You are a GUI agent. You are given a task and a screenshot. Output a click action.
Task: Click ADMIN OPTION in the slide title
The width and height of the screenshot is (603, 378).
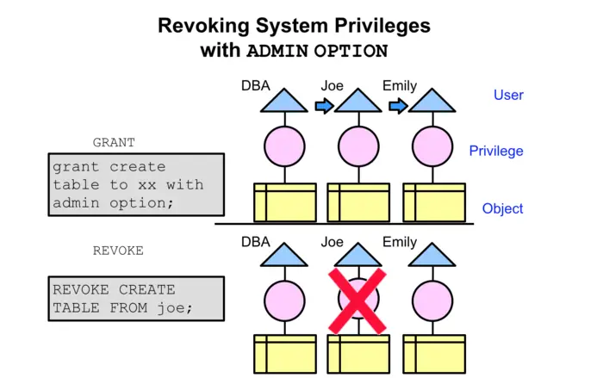(x=317, y=51)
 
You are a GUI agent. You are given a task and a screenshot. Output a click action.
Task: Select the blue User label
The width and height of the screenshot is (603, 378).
(x=508, y=95)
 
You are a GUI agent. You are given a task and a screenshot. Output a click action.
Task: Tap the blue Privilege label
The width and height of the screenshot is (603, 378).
(x=496, y=152)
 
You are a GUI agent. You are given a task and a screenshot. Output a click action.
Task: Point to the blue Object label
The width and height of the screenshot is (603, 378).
(x=502, y=208)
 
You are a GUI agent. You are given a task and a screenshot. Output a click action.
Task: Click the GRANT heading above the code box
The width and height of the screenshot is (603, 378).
(x=114, y=142)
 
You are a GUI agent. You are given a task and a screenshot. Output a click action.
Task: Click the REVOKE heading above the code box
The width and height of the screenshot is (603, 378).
(x=118, y=251)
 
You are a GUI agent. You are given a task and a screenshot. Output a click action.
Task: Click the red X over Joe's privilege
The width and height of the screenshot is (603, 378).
(x=357, y=301)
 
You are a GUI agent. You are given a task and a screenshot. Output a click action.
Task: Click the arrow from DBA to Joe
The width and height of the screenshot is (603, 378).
(x=323, y=106)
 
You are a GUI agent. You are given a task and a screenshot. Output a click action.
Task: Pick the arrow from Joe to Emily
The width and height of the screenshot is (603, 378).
(x=397, y=106)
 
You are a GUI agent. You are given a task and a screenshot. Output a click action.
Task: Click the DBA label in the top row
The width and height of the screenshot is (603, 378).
(x=257, y=86)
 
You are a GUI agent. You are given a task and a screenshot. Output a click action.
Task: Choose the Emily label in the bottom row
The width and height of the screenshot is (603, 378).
(x=399, y=243)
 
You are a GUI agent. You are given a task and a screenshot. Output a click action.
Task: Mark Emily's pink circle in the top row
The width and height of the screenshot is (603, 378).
(x=431, y=144)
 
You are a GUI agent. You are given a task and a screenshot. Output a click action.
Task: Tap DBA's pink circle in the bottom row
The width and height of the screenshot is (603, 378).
(x=284, y=301)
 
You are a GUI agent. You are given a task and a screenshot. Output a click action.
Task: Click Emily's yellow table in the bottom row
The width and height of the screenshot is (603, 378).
(x=433, y=354)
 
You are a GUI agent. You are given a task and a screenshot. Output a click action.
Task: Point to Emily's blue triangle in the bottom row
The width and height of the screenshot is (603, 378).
(x=431, y=256)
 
